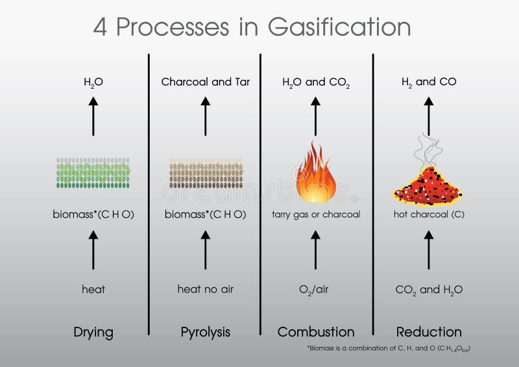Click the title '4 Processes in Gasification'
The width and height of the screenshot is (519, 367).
point(252,27)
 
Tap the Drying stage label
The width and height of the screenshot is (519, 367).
point(93,333)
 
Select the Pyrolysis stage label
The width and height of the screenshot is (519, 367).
point(205,333)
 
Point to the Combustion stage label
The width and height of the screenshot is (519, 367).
point(316,333)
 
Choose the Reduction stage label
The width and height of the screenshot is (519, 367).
point(429,333)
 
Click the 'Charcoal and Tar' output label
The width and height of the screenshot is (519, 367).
point(205,82)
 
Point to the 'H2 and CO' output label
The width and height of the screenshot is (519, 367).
point(428,82)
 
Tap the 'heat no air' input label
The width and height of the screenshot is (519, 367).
point(205,289)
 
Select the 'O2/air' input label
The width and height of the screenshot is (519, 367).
point(316,290)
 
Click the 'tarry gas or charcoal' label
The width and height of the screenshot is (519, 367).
point(316,215)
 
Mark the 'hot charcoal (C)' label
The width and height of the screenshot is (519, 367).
point(428,215)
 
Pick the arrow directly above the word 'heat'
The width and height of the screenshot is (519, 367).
point(93,250)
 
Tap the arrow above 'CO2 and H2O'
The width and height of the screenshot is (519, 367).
point(428,250)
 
